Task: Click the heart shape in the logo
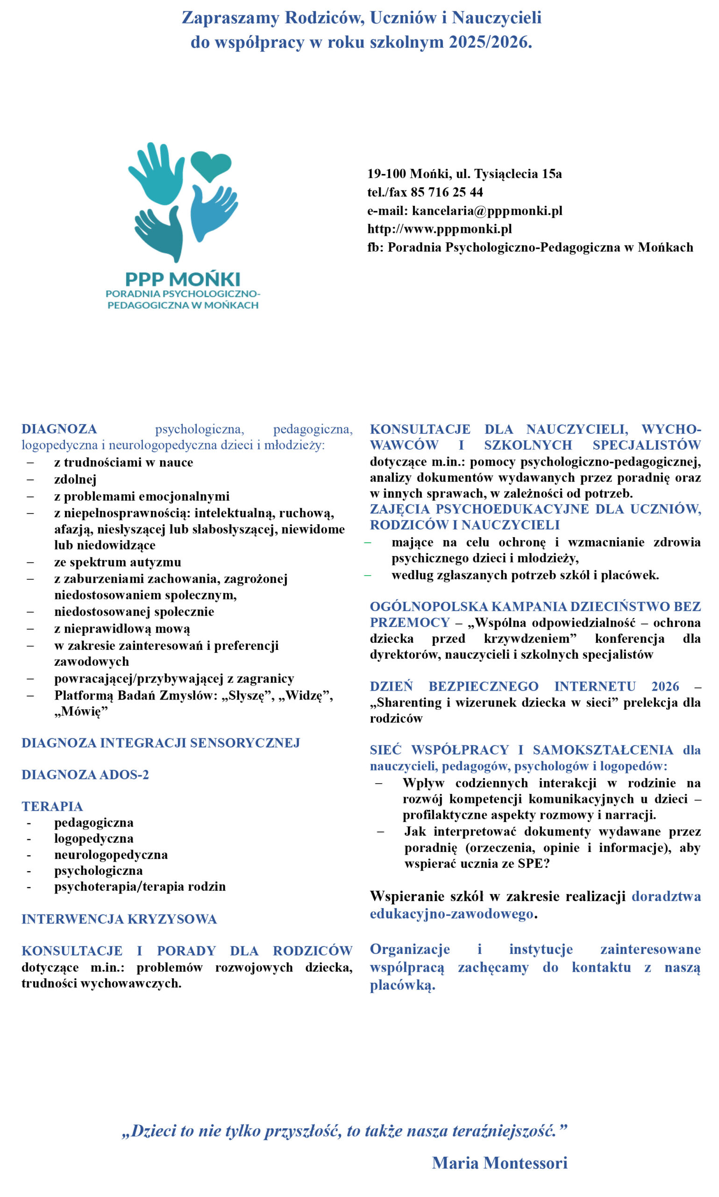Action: (211, 166)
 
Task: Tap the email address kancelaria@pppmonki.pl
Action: (487, 211)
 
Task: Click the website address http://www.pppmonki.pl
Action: (439, 229)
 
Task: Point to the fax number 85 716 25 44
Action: (446, 193)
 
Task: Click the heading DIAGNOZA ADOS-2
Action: (85, 775)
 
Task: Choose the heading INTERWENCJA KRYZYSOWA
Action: (119, 919)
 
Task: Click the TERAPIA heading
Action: (52, 806)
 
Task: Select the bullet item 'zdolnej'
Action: (76, 479)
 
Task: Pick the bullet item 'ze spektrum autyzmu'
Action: (118, 562)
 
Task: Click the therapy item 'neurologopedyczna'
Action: (111, 855)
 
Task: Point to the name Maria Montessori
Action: (499, 1163)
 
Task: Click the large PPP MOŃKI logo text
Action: (183, 279)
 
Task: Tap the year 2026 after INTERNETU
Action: (665, 686)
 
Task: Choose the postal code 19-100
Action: (386, 174)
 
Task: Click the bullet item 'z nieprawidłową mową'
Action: (122, 629)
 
